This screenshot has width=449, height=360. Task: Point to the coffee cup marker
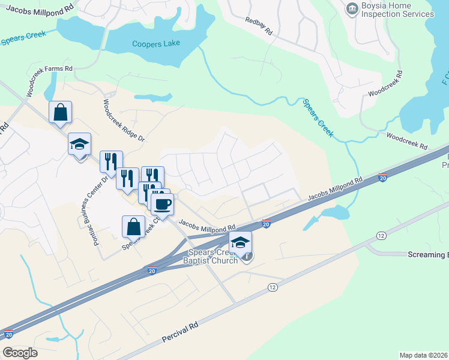[x=161, y=203]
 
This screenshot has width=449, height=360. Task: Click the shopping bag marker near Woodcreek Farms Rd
[x=60, y=112]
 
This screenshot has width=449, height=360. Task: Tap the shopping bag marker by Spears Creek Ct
[x=133, y=227]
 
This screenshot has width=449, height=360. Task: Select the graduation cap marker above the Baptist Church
[x=240, y=242]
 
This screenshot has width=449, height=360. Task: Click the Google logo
[x=20, y=353]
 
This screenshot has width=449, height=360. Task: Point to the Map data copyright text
[x=424, y=355]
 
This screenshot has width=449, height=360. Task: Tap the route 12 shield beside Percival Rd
[x=273, y=288]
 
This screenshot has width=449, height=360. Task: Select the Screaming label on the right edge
[x=428, y=255]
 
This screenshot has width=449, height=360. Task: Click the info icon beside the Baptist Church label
[x=247, y=257]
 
